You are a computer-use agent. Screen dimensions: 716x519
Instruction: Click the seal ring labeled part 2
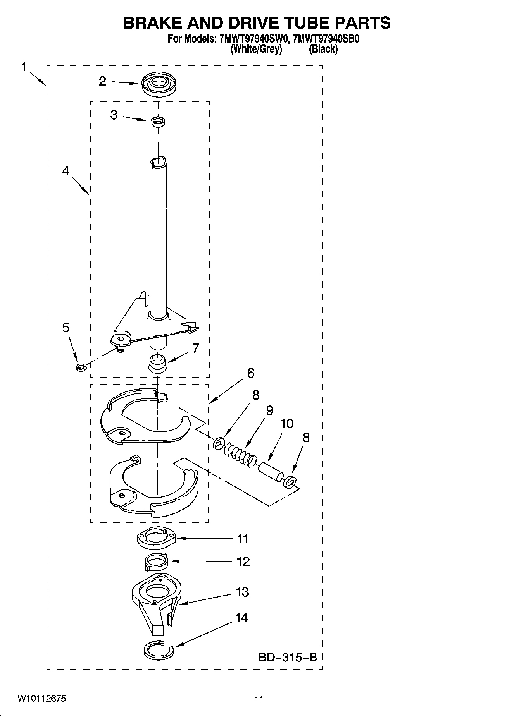tap(158, 84)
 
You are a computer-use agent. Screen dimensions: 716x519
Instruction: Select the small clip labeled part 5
tap(80, 367)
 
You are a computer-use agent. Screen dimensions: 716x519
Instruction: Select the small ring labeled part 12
tap(156, 562)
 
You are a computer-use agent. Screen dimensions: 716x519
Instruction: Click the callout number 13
tap(243, 592)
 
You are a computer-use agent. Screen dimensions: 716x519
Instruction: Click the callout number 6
tap(250, 373)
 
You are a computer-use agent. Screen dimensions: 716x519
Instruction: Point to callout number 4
tap(66, 170)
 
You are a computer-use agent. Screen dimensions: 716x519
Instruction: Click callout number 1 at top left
tap(24, 67)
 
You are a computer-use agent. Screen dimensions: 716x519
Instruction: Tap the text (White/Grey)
tap(256, 50)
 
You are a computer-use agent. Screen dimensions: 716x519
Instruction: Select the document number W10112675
tap(41, 699)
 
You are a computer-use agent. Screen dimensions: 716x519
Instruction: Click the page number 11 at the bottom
tap(259, 699)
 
